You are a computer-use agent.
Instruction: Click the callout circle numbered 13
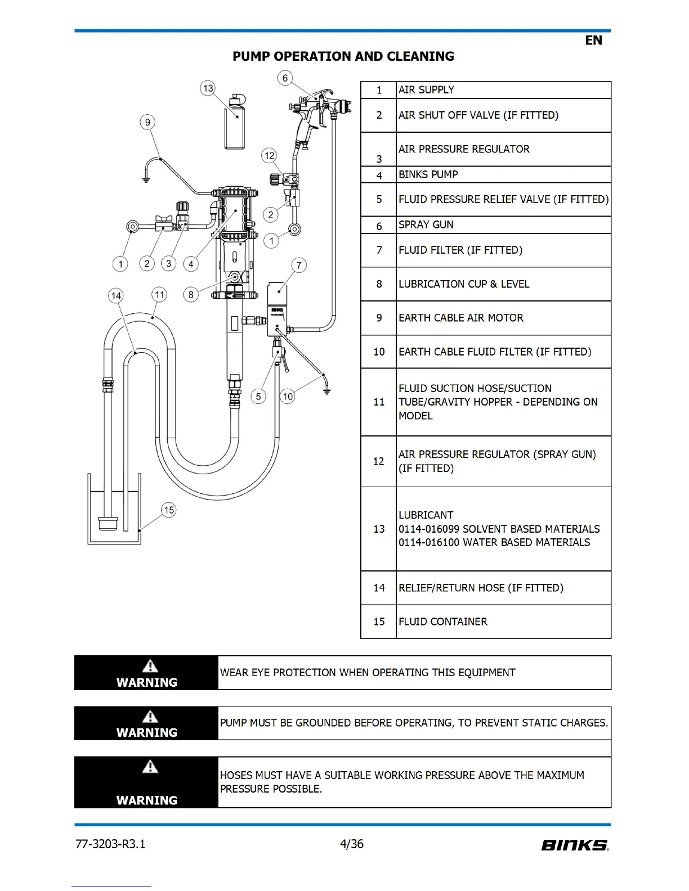click(208, 88)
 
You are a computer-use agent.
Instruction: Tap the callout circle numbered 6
click(285, 78)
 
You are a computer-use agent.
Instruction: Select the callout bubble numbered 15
click(169, 510)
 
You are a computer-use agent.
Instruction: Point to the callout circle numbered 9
click(147, 122)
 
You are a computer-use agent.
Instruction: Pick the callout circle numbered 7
click(299, 265)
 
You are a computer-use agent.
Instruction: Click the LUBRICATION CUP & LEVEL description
click(464, 284)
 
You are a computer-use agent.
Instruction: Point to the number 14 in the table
click(379, 588)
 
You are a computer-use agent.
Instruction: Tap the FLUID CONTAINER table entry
click(443, 622)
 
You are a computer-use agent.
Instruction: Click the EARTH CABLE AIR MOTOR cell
click(461, 318)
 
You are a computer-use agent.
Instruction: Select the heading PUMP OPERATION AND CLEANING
click(343, 56)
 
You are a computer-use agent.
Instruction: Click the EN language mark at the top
click(593, 40)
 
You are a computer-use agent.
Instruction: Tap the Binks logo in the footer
click(575, 845)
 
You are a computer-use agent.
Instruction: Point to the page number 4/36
click(352, 844)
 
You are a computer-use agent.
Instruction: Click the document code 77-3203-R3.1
click(110, 844)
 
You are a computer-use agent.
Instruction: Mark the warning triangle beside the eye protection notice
click(150, 666)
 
